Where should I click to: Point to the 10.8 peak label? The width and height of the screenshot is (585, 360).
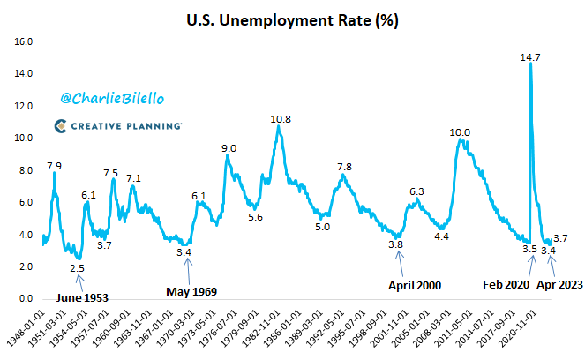(281, 118)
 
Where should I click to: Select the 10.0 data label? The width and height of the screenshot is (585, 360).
(460, 132)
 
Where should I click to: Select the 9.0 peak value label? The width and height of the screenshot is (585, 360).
(229, 147)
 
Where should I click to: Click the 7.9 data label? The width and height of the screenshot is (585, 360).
(54, 165)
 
